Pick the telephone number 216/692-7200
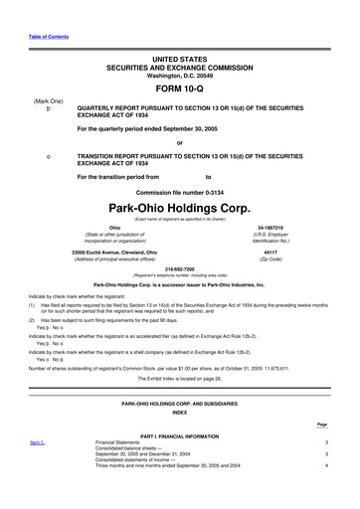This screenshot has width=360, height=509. [x=179, y=269]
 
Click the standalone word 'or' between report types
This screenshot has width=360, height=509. [x=179, y=140]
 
